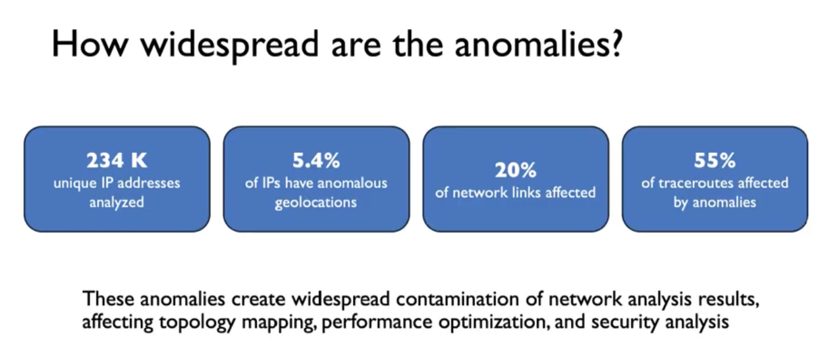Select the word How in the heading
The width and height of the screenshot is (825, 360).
tap(90, 44)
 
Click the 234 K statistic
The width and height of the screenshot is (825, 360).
tap(117, 160)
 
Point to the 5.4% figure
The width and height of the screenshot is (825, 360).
tap(316, 160)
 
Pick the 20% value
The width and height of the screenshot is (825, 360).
tap(515, 170)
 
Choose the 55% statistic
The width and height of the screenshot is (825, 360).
tap(714, 160)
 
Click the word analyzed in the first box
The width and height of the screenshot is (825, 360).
tap(117, 203)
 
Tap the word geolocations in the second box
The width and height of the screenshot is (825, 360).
tap(316, 203)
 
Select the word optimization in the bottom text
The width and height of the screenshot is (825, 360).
tap(494, 322)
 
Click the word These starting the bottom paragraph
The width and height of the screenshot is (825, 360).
tap(108, 299)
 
